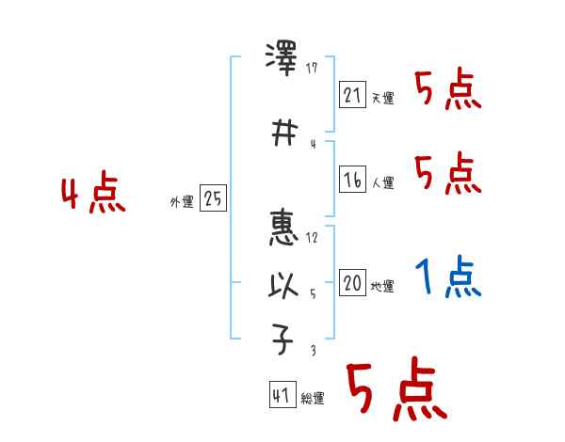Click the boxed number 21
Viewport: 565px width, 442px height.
point(353,94)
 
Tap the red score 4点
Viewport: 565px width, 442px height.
point(92,195)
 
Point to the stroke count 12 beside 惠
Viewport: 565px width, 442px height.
point(313,237)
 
